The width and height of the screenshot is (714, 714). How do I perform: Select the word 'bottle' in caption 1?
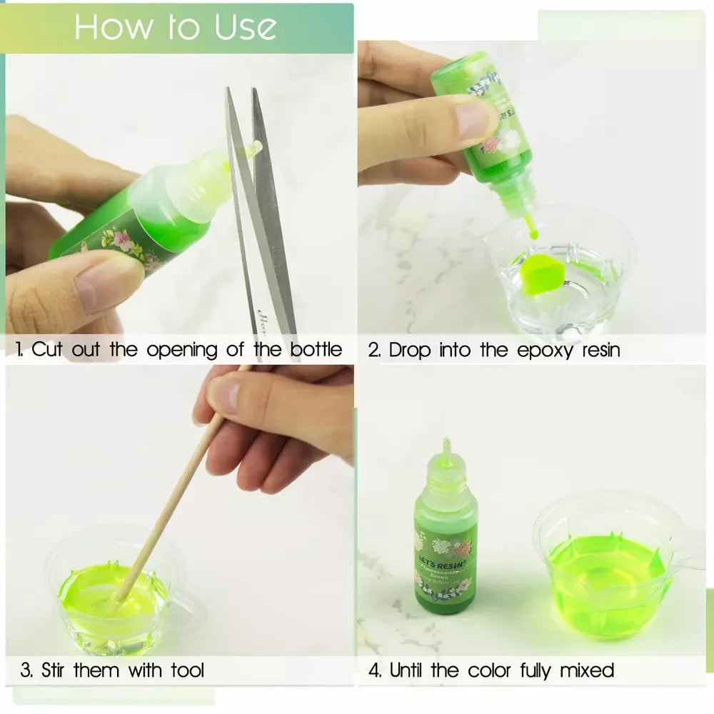[316, 350]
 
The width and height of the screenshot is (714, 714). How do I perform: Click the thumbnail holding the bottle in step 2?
[473, 119]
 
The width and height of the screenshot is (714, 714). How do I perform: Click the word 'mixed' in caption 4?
[587, 670]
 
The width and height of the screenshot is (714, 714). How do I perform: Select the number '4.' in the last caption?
[376, 670]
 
